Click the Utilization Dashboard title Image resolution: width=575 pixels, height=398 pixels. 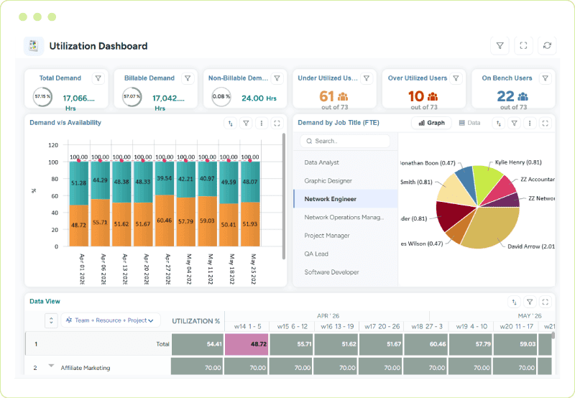point(98,46)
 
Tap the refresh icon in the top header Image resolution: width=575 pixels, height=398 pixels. point(548,46)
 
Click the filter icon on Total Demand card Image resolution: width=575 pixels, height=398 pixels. point(98,78)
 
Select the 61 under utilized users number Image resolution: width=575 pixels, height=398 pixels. point(327,96)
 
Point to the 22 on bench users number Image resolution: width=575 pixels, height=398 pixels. point(505,96)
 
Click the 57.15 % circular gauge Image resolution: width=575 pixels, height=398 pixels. point(42,96)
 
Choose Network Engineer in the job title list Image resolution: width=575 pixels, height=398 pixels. point(330,199)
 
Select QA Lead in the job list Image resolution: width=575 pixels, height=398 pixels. point(317,254)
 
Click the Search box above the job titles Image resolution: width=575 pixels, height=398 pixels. point(345,142)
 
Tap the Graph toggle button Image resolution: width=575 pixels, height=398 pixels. point(431,123)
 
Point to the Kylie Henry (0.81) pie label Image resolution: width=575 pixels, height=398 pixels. point(518,162)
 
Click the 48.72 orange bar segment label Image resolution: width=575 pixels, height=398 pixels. point(78,225)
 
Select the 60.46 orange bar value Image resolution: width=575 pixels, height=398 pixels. point(165,221)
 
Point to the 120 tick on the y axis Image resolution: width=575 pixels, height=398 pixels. point(52,144)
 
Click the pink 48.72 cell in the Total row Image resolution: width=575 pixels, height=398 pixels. point(246,344)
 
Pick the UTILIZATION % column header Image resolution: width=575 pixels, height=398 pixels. point(196,320)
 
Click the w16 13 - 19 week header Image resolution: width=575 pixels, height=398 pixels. point(338,327)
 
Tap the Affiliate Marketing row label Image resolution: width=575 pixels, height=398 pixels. point(86,368)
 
